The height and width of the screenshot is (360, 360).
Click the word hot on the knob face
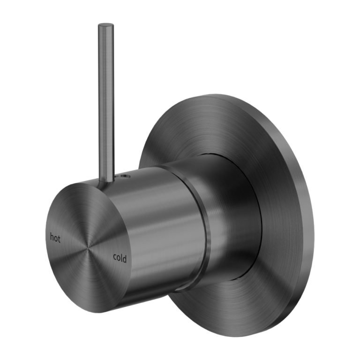pyautogui.click(x=55, y=238)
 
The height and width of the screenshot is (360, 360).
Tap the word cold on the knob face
pyautogui.click(x=120, y=258)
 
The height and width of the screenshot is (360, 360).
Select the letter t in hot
pyautogui.click(x=59, y=238)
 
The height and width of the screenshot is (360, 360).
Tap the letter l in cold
pyautogui.click(x=121, y=257)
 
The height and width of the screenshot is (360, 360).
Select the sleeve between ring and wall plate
pyautogui.click(x=230, y=220)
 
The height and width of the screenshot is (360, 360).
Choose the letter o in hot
pyautogui.click(x=56, y=238)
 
